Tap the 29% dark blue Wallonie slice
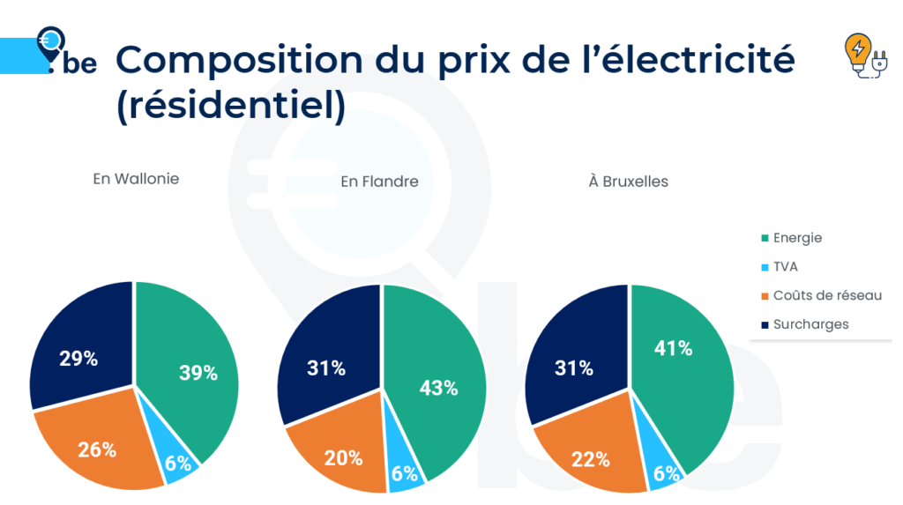coord(79,357)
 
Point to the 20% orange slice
coord(342,457)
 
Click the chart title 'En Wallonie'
coord(136,179)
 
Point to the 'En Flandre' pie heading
coord(379,182)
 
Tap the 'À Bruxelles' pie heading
coord(629,182)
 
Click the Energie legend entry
coord(796,238)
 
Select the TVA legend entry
coord(785,266)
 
